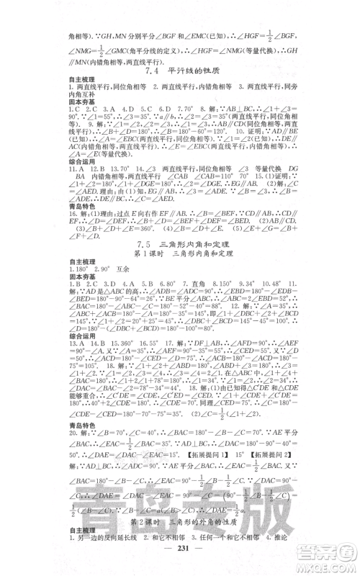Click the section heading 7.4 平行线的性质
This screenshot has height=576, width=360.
[x=180, y=71]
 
